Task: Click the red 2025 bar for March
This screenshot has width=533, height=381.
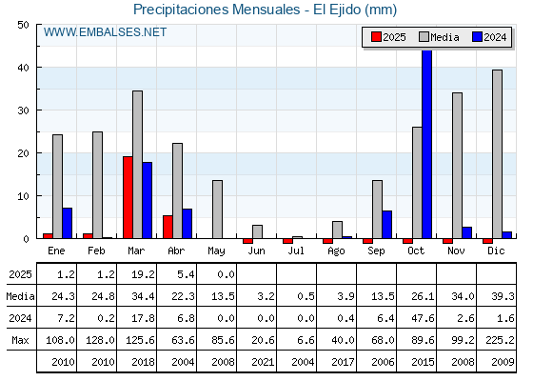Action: click(x=128, y=197)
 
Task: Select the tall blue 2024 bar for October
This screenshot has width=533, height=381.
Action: click(x=427, y=144)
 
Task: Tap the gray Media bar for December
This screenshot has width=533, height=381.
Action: click(x=497, y=154)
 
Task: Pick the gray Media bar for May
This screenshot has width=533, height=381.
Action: click(x=217, y=210)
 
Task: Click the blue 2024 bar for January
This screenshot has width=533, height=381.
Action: click(x=68, y=223)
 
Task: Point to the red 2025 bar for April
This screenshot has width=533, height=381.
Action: click(x=168, y=227)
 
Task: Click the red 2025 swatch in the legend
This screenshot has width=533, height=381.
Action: click(x=376, y=37)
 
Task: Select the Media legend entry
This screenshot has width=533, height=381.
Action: click(x=439, y=37)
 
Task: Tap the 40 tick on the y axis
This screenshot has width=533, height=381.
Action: click(x=24, y=68)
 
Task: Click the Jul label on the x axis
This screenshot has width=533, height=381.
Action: click(x=296, y=251)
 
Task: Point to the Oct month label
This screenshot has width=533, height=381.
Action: click(x=416, y=251)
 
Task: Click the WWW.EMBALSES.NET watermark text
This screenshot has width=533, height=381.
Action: click(x=105, y=32)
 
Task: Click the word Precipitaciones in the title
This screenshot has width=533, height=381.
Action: click(x=181, y=10)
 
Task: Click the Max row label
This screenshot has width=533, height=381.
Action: click(x=20, y=340)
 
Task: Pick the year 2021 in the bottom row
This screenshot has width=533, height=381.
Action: click(x=263, y=362)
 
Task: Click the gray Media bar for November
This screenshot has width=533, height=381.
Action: click(x=457, y=166)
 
